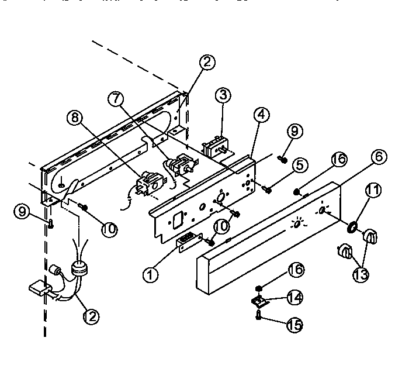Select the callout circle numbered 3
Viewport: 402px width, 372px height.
coord(221,97)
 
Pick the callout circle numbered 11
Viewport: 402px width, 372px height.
coord(373,190)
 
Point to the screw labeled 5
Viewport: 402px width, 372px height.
coord(268,188)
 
